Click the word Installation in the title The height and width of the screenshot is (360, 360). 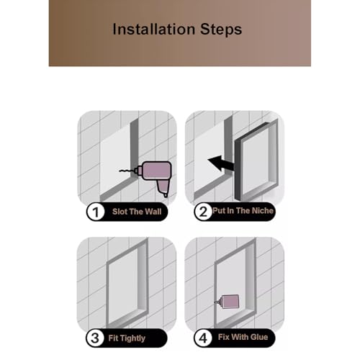154,30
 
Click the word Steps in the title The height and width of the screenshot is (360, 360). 221,30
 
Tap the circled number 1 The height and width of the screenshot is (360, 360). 96,212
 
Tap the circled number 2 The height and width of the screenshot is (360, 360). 203,212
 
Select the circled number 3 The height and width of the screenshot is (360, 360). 95,338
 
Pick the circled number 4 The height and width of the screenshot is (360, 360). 203,338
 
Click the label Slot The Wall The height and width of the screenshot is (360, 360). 137,212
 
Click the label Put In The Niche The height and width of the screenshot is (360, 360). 243,211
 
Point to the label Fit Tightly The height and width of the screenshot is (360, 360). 127,338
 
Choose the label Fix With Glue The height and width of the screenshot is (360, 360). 243,337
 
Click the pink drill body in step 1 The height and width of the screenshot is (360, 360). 157,171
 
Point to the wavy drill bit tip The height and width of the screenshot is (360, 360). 120,171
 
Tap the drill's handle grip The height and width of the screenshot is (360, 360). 163,188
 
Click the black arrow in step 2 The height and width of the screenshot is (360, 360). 221,163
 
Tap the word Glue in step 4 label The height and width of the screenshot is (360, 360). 259,337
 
